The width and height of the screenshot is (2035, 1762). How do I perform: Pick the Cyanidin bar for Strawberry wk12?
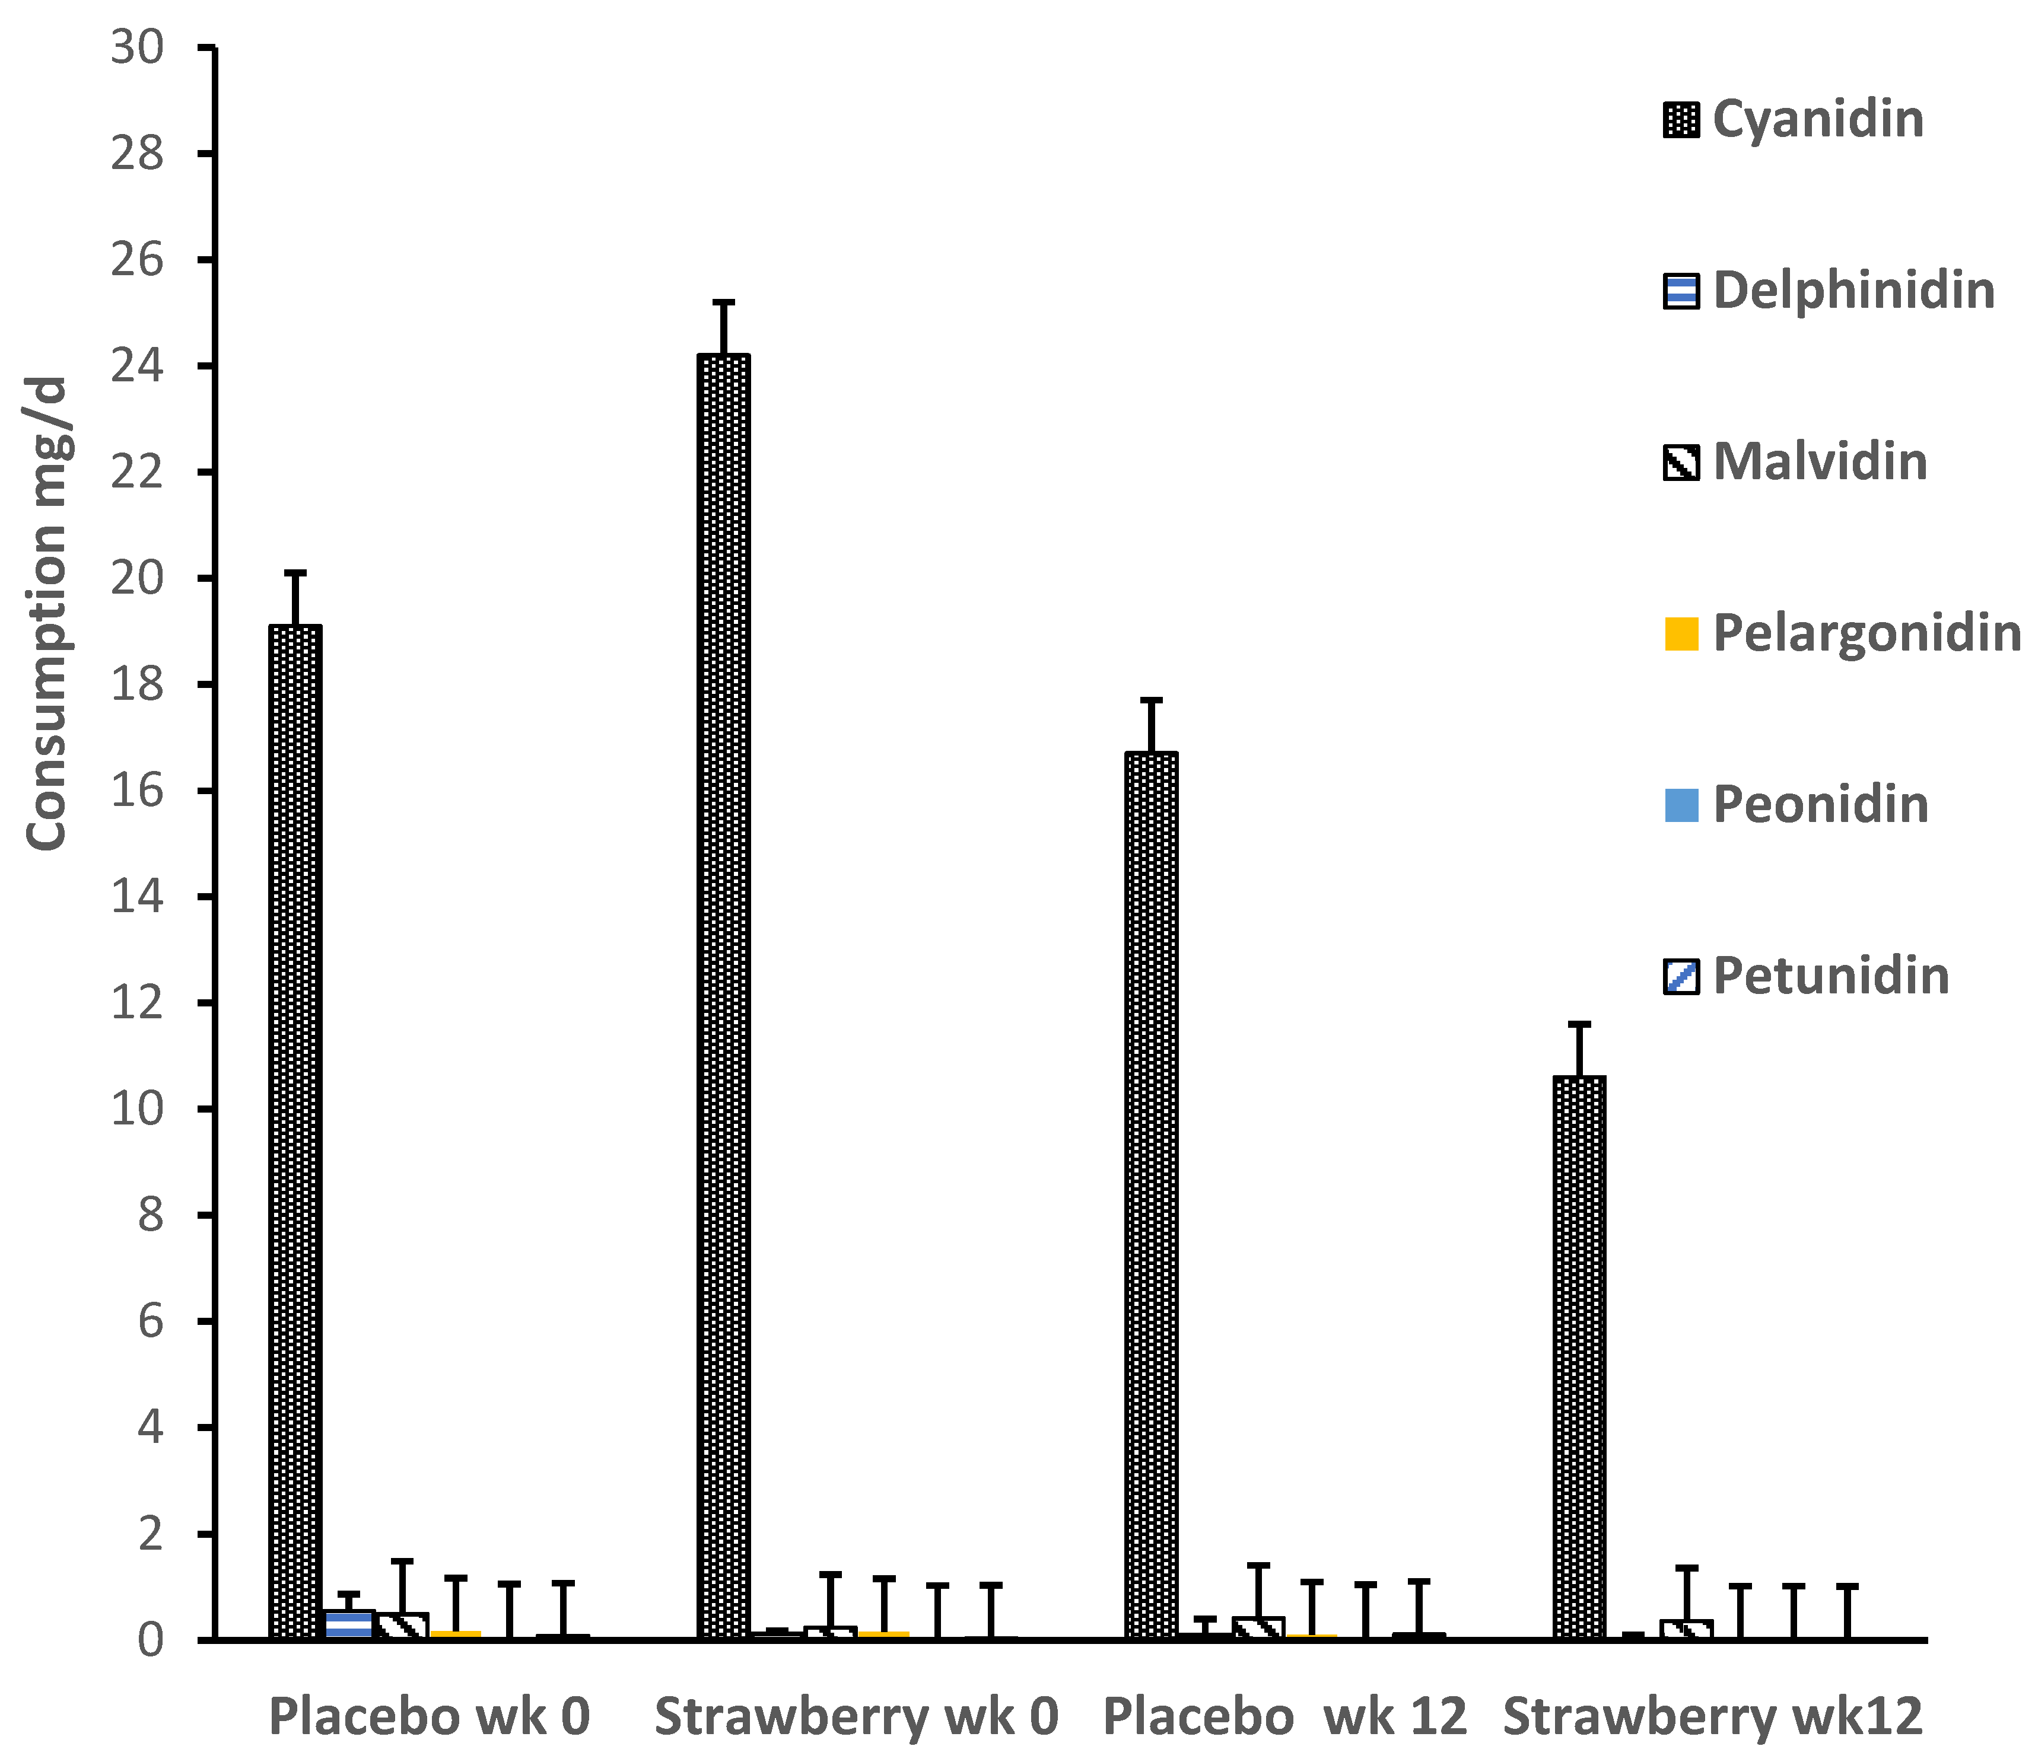(1579, 1357)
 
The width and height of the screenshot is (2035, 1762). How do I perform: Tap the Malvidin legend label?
(1820, 462)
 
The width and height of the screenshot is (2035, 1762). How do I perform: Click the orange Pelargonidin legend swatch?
(1681, 633)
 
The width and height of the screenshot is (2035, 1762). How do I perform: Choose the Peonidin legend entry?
(1820, 804)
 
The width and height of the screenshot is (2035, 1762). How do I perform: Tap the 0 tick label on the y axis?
(150, 1640)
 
